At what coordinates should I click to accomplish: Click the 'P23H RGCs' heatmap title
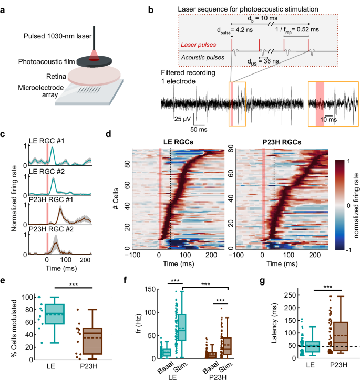point(273,141)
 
